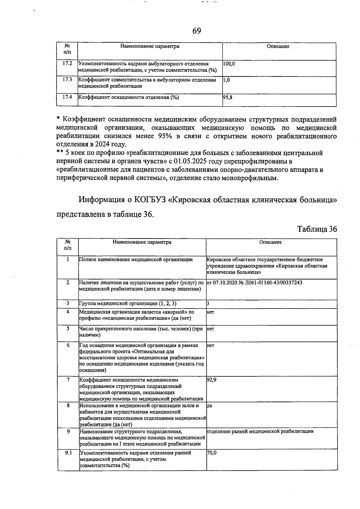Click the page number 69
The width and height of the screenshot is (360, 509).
[x=197, y=31]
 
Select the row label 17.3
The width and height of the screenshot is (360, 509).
[x=67, y=80]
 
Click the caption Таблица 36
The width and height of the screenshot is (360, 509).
[x=317, y=229]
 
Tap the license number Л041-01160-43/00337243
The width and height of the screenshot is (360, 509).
[x=270, y=282]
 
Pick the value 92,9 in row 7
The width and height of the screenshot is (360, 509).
[x=212, y=380]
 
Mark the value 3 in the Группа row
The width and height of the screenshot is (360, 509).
[x=208, y=303]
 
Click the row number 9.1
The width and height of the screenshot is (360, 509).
[x=68, y=453]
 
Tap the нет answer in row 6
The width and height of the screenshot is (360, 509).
[x=211, y=345]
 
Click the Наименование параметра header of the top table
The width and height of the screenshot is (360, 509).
[x=150, y=46]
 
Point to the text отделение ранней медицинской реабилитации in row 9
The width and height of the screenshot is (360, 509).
[x=260, y=431]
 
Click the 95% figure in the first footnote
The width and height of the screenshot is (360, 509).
[x=165, y=136]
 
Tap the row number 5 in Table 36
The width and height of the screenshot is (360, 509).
[x=68, y=329]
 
